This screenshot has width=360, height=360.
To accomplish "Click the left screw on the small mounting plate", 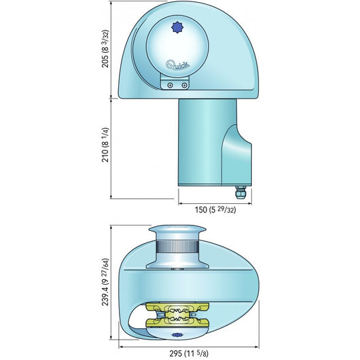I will pyautogui.click(x=169, y=85).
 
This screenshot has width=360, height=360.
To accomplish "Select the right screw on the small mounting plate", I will pyautogui.click(x=184, y=85).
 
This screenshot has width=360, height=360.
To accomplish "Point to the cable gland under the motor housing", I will pyautogui.click(x=240, y=194).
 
